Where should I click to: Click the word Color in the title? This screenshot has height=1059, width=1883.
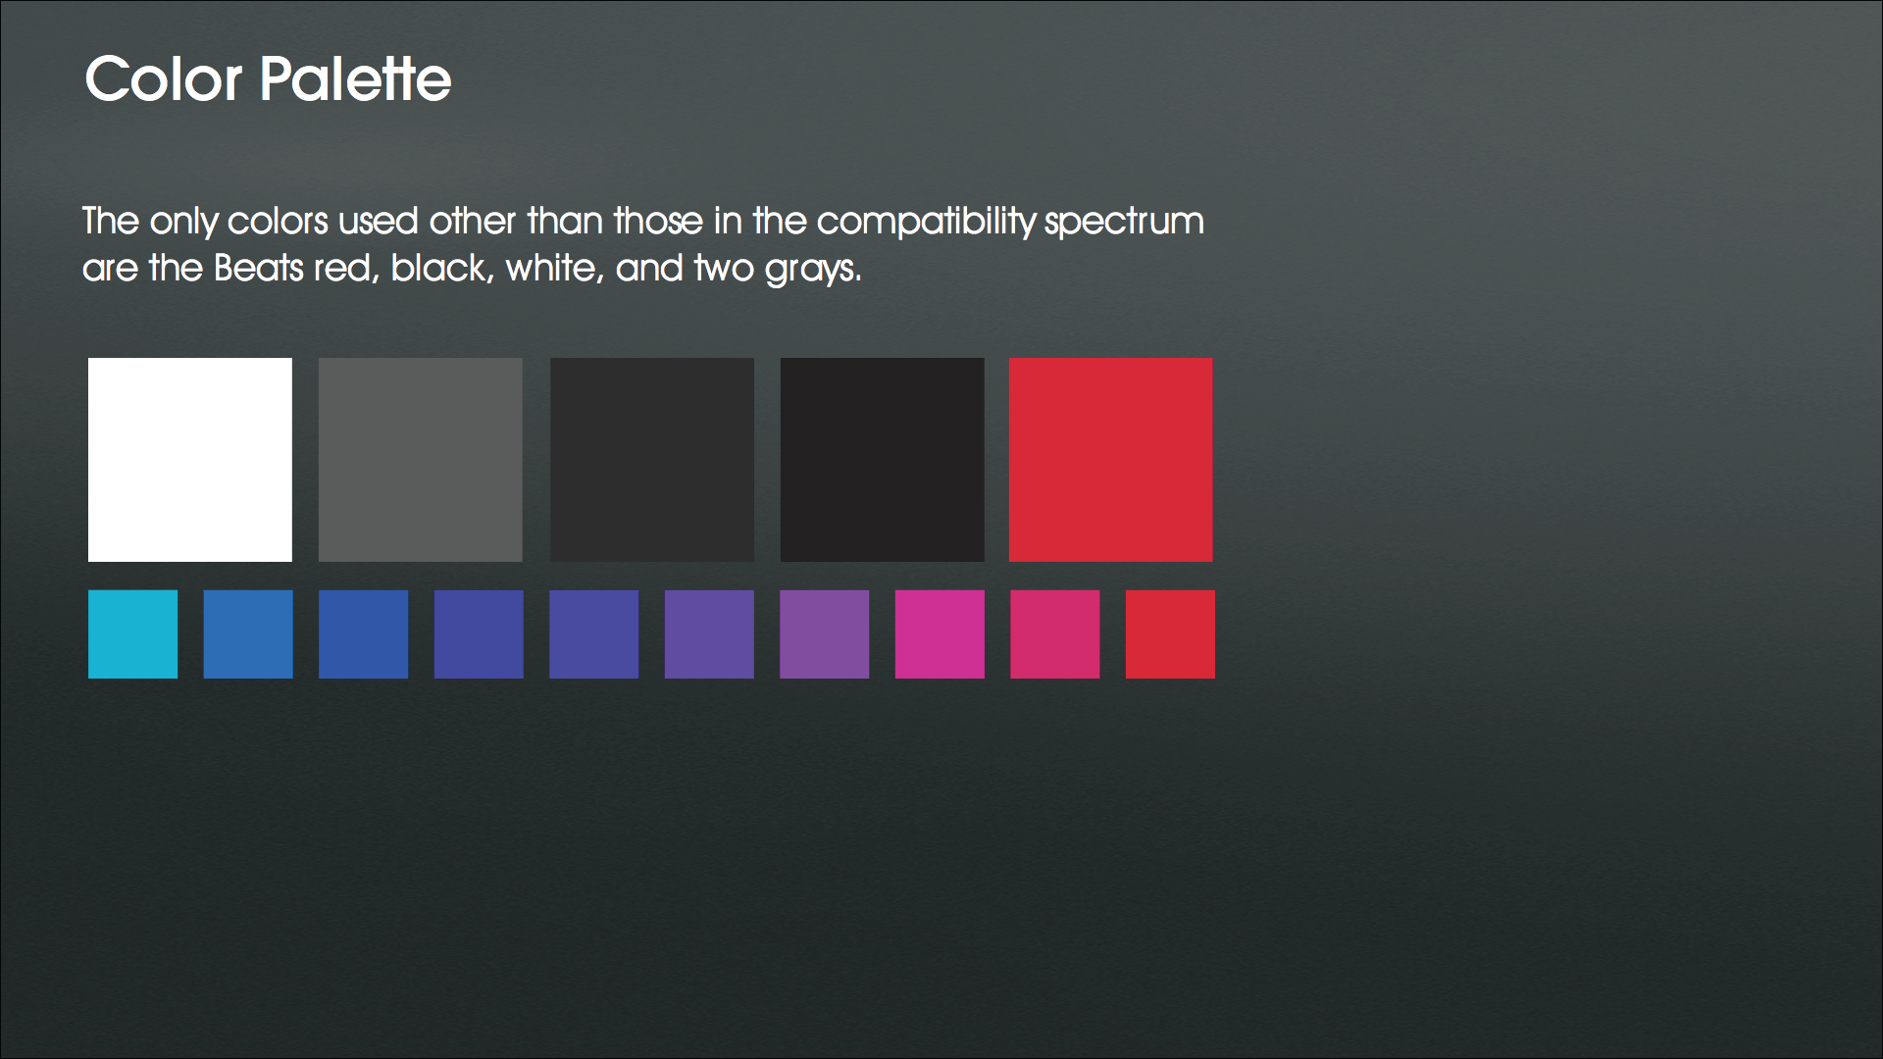tap(163, 78)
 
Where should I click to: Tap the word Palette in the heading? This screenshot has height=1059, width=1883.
tap(356, 78)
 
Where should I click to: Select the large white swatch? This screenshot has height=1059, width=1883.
tap(190, 460)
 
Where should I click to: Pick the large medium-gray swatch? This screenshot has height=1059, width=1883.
tap(421, 460)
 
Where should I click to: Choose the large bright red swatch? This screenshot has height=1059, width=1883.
tap(1111, 460)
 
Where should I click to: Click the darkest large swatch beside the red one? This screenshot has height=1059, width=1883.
tap(883, 460)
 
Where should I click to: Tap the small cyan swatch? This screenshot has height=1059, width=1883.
tap(133, 634)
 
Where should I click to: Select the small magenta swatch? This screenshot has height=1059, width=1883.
tap(940, 634)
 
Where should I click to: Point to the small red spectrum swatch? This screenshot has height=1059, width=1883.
tap(1170, 634)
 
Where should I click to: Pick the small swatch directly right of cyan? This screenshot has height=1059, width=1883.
tap(248, 634)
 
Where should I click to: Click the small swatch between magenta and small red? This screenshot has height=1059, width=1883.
tap(1055, 634)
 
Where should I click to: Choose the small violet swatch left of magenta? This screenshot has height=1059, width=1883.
tap(825, 634)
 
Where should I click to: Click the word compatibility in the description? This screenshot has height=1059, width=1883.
tap(926, 223)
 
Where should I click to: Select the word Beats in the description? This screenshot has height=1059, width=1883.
tap(259, 269)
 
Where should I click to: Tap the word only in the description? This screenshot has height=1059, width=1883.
tap(183, 223)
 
